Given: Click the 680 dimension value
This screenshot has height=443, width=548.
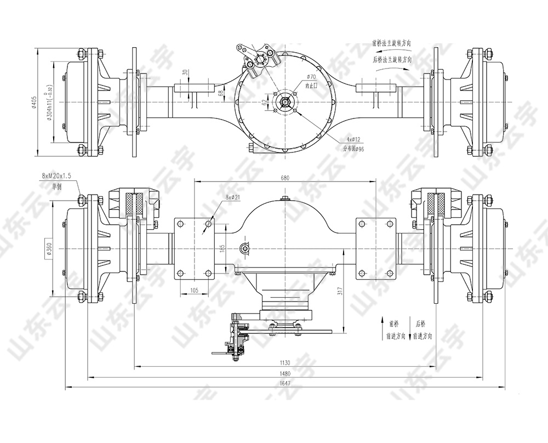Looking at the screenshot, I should coord(284,178).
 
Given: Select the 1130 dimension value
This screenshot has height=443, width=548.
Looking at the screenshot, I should coord(284,362).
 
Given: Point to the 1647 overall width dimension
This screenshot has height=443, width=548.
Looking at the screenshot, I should coord(284,384).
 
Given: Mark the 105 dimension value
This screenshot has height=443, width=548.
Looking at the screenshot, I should coord(193,290).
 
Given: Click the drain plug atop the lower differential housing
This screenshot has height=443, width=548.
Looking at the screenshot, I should coord(284,198).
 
